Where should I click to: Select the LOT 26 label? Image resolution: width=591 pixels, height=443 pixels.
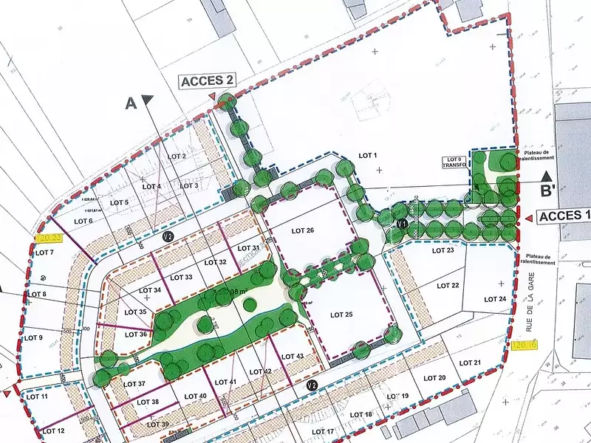303,231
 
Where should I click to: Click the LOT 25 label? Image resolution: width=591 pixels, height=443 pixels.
341,315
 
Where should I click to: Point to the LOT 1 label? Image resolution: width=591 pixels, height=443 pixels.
367,156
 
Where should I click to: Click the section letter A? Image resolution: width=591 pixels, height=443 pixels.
131,104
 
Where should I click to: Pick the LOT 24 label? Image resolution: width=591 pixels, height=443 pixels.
494,299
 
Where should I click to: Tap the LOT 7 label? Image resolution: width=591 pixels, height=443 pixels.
45,253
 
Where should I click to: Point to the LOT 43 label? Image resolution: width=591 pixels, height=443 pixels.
292,357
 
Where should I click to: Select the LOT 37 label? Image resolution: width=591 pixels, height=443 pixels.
135,385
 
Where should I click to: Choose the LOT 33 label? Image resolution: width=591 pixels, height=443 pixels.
181,278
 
